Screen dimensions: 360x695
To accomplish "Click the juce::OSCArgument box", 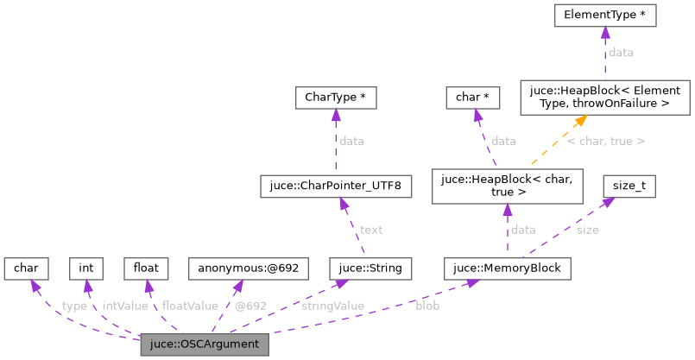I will point(205,346).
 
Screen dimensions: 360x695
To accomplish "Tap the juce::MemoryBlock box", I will point(507,268).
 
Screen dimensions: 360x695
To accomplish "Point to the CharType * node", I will point(335,98).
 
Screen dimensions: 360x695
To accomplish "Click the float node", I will point(146,268).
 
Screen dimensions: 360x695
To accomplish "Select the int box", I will point(86,268).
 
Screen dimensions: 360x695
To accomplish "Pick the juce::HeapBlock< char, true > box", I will point(507,185).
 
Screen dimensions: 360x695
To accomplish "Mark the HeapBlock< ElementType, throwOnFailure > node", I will point(604,97).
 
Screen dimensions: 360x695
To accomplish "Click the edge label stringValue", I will point(332,306).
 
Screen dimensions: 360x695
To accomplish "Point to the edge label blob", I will point(427,306).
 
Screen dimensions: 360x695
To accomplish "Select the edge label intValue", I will point(124,306).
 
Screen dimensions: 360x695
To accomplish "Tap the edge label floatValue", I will point(190,306).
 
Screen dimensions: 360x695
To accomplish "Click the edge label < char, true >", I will point(605,140).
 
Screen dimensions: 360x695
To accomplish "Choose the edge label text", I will point(371,230).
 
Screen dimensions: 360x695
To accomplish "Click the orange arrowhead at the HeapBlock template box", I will point(580,122).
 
